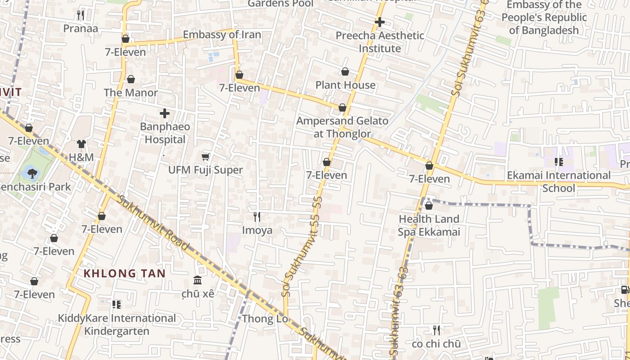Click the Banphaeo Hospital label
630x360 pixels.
(x=165, y=133)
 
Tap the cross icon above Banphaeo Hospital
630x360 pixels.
(x=165, y=113)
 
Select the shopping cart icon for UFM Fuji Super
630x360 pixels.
(x=205, y=157)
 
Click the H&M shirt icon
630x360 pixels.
(x=81, y=144)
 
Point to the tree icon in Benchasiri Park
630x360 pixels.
(x=31, y=172)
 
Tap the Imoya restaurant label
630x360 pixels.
(x=257, y=230)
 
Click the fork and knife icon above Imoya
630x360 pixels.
(x=257, y=217)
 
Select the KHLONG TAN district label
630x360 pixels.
(x=125, y=273)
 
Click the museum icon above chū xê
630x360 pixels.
(x=198, y=280)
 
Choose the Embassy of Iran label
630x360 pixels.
(x=222, y=35)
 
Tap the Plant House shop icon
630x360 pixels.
(x=345, y=72)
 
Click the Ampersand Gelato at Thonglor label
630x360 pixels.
(x=342, y=127)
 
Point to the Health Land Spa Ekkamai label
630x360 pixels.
(x=429, y=225)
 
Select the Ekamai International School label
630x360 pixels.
(x=558, y=181)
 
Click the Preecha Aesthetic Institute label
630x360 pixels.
(x=380, y=42)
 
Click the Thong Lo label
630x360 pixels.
(x=265, y=319)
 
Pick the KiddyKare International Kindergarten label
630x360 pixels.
(x=117, y=324)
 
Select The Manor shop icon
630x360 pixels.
(x=131, y=79)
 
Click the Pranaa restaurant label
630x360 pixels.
(x=81, y=28)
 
